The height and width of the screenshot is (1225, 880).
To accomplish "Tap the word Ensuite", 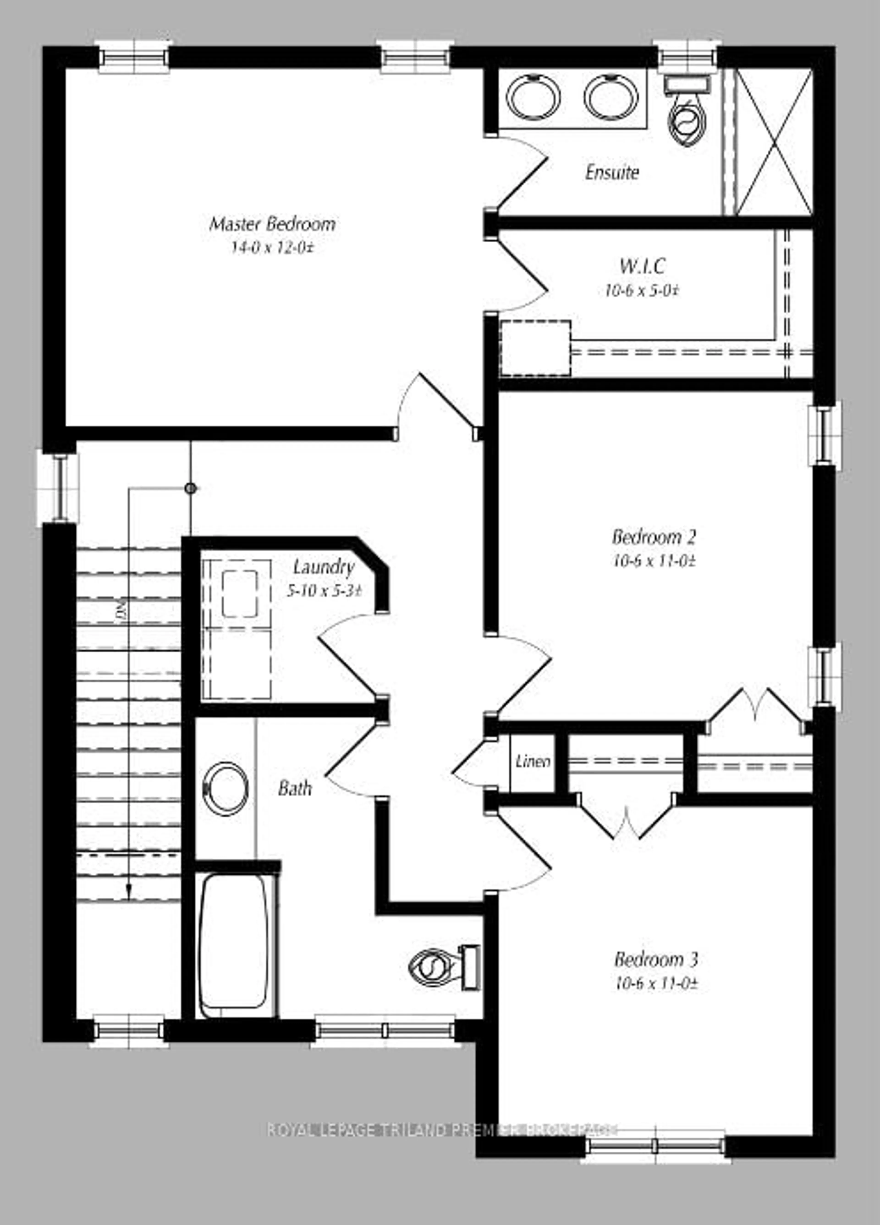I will click(612, 173).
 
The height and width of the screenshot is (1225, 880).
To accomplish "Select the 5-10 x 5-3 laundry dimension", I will click(323, 591).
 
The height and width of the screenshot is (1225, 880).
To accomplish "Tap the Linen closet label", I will click(533, 762).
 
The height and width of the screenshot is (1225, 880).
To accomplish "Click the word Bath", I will click(295, 789).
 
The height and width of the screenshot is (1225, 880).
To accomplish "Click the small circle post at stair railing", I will click(190, 488).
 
